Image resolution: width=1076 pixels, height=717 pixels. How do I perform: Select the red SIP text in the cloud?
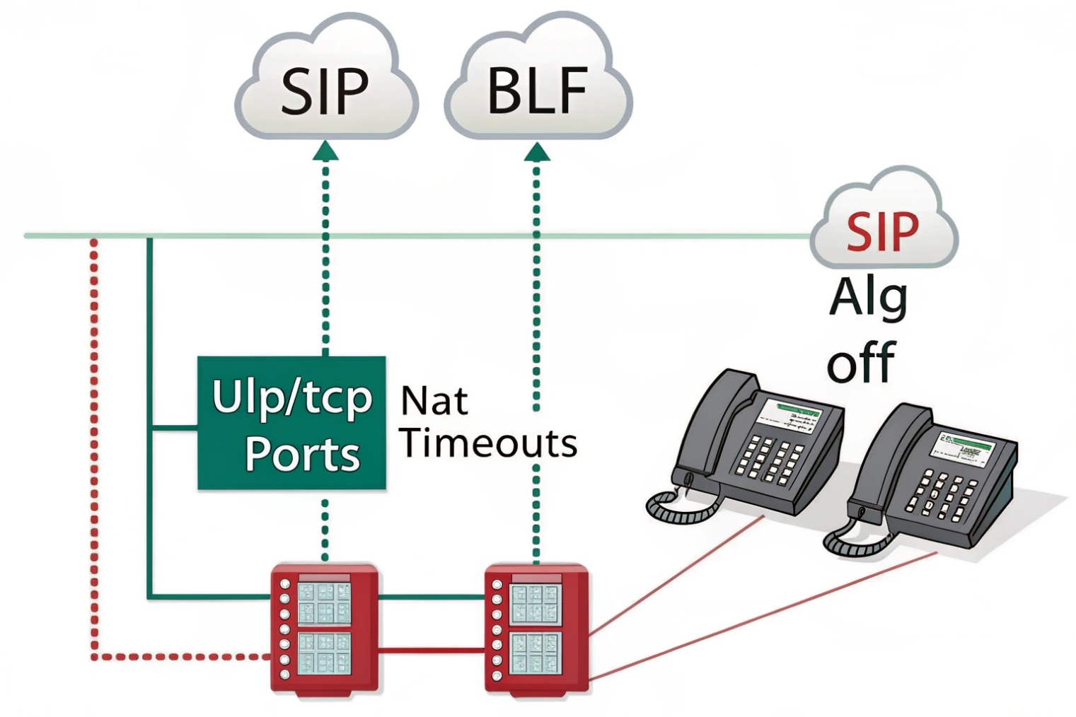click(882, 231)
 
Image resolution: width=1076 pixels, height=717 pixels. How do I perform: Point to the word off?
click(861, 362)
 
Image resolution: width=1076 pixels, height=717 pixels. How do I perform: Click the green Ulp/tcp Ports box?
click(291, 423)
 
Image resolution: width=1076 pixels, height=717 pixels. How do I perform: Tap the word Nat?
click(434, 401)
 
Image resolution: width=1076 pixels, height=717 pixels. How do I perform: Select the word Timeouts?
click(488, 443)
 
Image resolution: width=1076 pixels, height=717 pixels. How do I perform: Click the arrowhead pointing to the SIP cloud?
click(325, 151)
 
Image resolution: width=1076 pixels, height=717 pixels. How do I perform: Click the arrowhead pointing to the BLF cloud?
click(537, 151)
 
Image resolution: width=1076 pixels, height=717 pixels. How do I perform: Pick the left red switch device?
click(324, 628)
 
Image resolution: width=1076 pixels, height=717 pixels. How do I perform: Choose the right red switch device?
click(536, 628)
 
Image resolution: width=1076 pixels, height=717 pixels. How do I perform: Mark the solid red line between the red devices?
click(432, 649)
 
